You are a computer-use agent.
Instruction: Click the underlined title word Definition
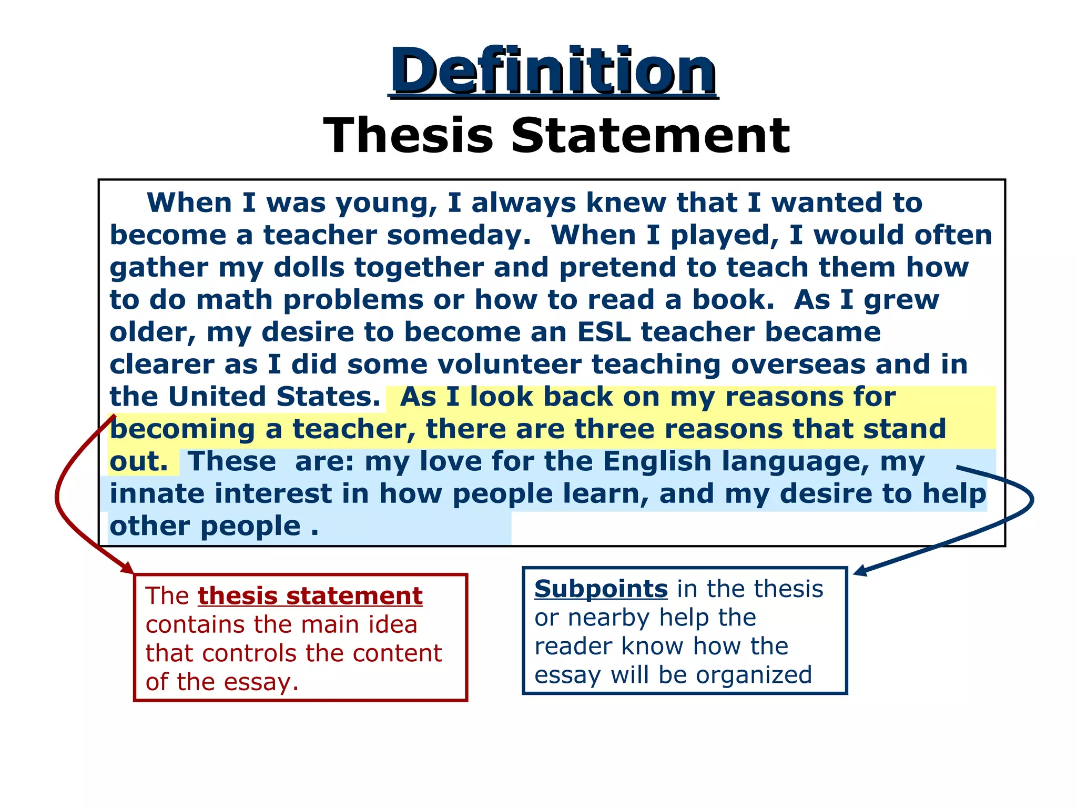(x=553, y=70)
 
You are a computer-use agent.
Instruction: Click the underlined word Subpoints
(x=601, y=589)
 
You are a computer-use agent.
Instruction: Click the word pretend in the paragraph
(x=618, y=267)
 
